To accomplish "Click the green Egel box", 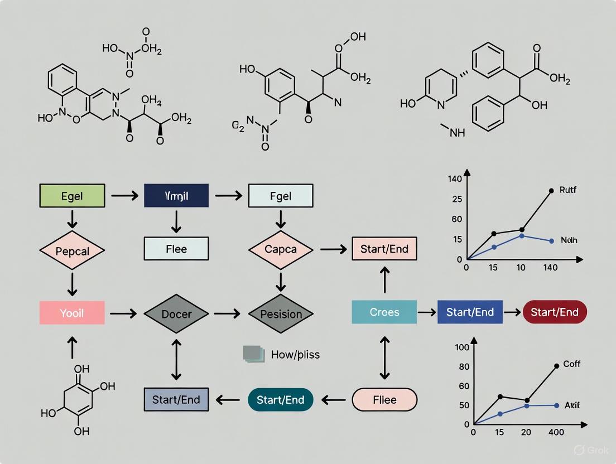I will (x=72, y=196).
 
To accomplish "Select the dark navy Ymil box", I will (x=176, y=196).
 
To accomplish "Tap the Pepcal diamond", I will (x=72, y=251).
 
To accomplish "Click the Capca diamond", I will (x=281, y=250).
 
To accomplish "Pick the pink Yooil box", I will (x=72, y=313).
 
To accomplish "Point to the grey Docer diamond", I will (x=176, y=313).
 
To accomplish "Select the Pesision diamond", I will (x=281, y=313).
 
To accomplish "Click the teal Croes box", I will (x=384, y=312).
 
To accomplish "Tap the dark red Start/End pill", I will (x=555, y=312).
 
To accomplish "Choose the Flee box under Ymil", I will (x=176, y=249).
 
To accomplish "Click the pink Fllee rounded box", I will (x=384, y=399).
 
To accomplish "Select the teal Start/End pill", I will (x=280, y=399).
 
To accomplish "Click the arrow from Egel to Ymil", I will (x=124, y=196).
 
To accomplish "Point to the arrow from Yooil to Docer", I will (x=123, y=313).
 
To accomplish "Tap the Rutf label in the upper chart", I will (x=567, y=190).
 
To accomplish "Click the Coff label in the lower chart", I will (x=571, y=364).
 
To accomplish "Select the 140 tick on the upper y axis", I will (x=455, y=179).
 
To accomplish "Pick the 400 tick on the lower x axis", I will (x=556, y=432).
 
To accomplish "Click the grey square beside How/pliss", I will (x=253, y=354).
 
